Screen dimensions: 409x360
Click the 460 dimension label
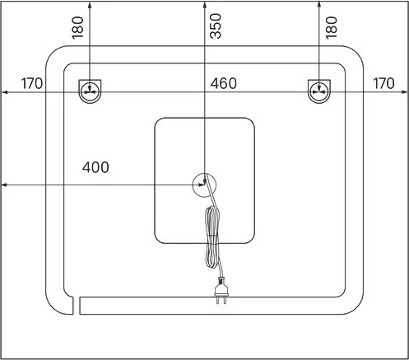[x=223, y=83]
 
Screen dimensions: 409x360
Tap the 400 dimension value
[x=95, y=167]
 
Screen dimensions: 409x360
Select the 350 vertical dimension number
[x=216, y=26]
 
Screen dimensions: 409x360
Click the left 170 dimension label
[x=32, y=83]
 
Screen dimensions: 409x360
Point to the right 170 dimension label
[x=383, y=83]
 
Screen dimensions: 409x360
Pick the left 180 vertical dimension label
[x=77, y=27]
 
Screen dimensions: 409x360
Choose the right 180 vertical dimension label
[x=331, y=27]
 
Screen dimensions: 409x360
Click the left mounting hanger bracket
[x=90, y=91]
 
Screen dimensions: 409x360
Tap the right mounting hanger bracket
[x=319, y=91]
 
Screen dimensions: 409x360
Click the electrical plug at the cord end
[x=221, y=291]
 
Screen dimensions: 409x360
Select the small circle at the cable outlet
[x=204, y=185]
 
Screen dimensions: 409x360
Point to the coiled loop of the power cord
[x=212, y=236]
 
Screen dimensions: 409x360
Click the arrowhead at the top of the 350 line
[x=205, y=5]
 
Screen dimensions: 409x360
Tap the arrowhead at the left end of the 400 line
[x=4, y=185]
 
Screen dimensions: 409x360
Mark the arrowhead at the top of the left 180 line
[x=90, y=5]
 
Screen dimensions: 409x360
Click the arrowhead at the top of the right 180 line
[x=319, y=5]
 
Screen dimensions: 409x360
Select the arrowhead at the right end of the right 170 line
[x=405, y=92]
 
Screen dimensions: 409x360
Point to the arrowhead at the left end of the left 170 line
[x=4, y=92]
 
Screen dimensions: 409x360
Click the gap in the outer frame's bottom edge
[x=77, y=306]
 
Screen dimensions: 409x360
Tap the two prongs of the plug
[x=221, y=300]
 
